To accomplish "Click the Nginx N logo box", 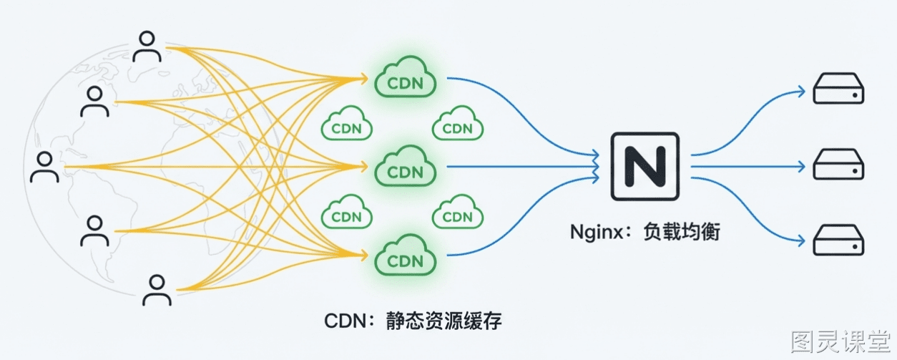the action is (644, 166).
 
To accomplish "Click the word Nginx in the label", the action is (597, 232).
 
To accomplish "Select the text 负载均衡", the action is (682, 232).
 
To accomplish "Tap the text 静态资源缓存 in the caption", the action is (443, 321).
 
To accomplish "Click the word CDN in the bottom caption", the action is (345, 321).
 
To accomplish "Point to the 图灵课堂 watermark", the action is (840, 341).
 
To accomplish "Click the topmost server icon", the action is (838, 88).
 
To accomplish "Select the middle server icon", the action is (838, 164).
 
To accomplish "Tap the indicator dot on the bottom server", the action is (855, 247).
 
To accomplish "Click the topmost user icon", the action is (147, 47).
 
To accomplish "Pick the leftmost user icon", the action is (44, 167).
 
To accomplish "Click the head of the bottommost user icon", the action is (157, 282).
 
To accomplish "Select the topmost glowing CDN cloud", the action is (406, 77).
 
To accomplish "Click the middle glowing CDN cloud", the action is (406, 166).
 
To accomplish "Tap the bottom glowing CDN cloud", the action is (406, 255).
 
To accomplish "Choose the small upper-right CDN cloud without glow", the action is (458, 123).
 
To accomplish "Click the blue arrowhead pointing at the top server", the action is (801, 92).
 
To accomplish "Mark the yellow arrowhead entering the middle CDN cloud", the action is (363, 166).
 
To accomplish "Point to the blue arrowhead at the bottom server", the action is (801, 240).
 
